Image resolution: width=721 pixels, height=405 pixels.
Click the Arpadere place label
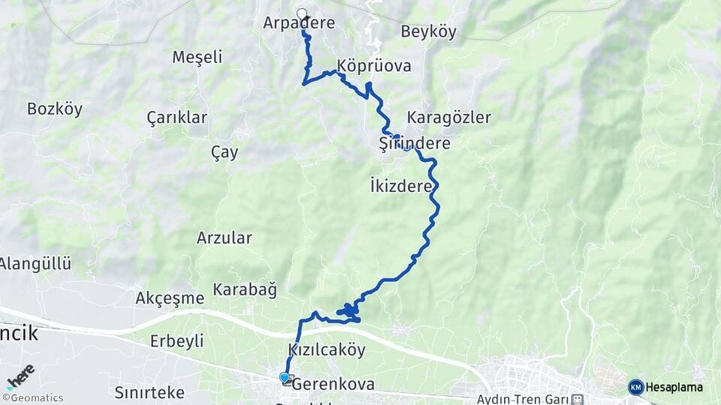299,24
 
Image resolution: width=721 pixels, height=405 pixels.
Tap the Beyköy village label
428,31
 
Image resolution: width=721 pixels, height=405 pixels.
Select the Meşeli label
198,57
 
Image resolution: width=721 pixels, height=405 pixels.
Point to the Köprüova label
374,66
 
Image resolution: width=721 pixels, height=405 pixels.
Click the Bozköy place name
54,109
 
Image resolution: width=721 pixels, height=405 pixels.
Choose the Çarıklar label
176,118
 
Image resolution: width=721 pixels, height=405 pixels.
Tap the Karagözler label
448,118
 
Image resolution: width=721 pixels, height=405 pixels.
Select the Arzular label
224,238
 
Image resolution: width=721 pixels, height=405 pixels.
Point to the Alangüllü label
35,264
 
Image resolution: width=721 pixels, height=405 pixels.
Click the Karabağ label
245,289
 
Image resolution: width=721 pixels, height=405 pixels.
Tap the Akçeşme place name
170,298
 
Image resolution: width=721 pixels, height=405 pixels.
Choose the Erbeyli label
176,341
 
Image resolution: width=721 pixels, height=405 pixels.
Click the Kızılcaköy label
327,350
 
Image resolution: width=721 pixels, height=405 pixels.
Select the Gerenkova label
333,384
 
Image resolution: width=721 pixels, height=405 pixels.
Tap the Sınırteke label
149,392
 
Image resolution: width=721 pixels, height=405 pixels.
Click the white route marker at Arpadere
303,13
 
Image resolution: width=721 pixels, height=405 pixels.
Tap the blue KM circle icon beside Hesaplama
636,387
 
